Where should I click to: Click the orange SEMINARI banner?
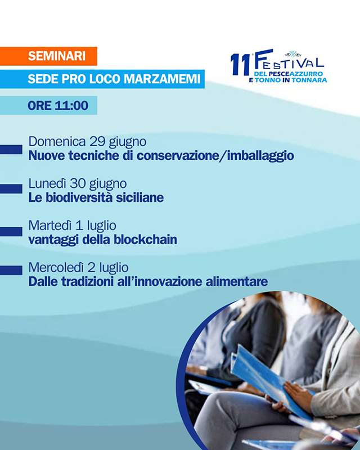(x=48, y=56)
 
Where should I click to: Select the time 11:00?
(x=71, y=105)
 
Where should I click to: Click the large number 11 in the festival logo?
(x=241, y=64)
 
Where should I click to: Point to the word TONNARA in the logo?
(x=309, y=80)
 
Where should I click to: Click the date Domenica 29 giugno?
(x=87, y=142)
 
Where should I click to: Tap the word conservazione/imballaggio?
(x=215, y=156)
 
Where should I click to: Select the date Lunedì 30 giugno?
(x=78, y=184)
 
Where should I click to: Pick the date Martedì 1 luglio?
(x=73, y=226)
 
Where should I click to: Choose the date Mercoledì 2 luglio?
(x=78, y=268)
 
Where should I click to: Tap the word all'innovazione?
(x=160, y=282)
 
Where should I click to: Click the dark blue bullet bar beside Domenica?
(x=11, y=150)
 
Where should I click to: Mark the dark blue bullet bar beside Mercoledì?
(x=11, y=271)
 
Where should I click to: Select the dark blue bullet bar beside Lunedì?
(x=11, y=189)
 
